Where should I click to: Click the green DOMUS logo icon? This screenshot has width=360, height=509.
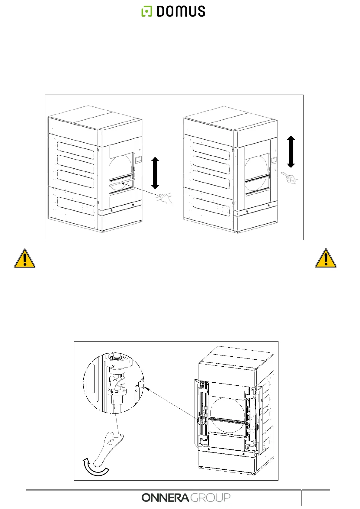coord(147,11)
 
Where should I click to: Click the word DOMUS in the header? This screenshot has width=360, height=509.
coord(181,11)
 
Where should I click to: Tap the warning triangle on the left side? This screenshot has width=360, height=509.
coord(24,259)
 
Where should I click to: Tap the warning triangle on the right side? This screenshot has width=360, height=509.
coord(326,258)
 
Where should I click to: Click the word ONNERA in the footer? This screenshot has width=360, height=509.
coord(166,498)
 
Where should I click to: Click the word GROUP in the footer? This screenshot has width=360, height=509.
coord(211,498)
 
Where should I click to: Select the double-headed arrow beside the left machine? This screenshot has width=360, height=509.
coord(155,173)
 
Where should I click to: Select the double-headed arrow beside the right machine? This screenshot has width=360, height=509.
coord(291,152)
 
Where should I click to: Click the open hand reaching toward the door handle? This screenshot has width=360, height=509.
coord(165,198)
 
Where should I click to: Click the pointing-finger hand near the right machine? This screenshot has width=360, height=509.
coord(290,178)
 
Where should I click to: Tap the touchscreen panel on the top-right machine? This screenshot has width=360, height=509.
coord(274,160)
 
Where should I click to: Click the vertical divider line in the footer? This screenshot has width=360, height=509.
coord(301,498)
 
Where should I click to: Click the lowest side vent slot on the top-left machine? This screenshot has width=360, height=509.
coord(76,206)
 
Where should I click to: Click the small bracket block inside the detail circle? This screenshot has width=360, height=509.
coord(140,384)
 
